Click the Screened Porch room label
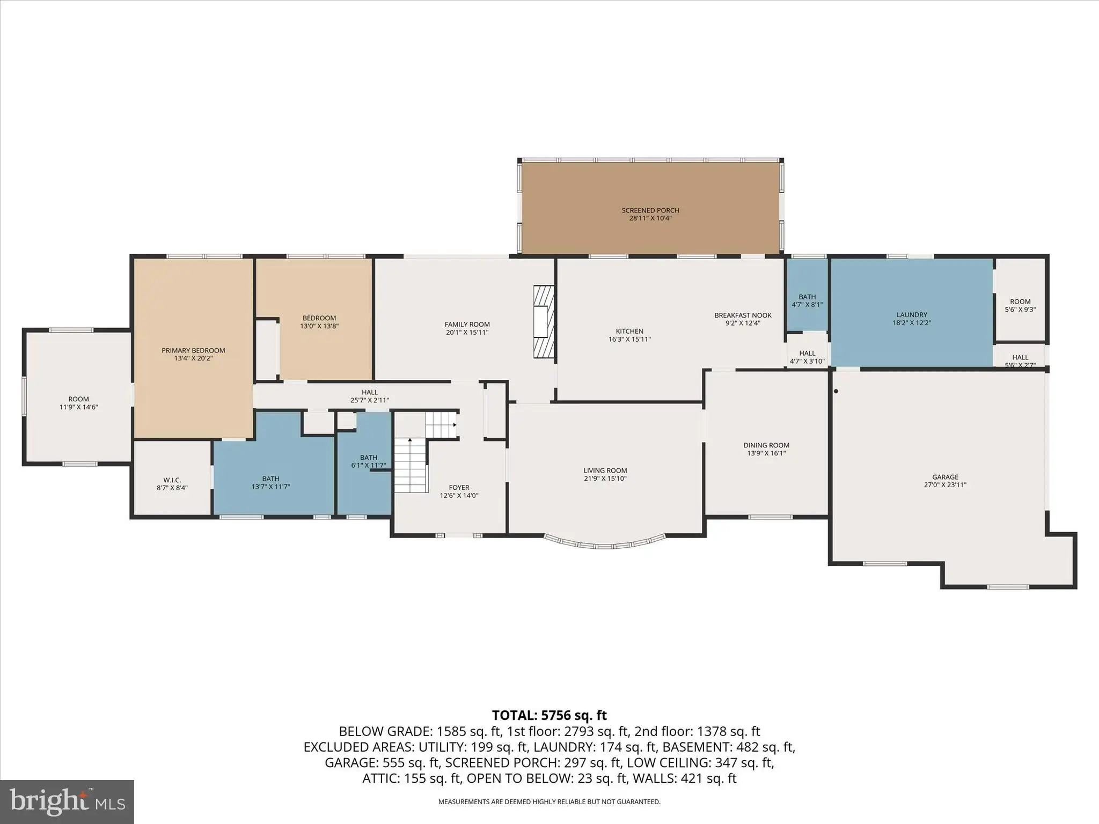point(650,210)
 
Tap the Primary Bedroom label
point(193,350)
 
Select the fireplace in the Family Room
point(543,321)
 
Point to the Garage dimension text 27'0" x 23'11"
point(945,485)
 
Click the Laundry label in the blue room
point(912,315)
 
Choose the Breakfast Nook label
point(743,315)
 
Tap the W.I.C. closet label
point(172,480)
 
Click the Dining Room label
point(766,445)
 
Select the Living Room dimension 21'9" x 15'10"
point(605,479)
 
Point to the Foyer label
point(459,488)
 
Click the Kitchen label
point(629,331)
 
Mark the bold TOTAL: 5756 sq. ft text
point(549,715)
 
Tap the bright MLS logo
point(67,801)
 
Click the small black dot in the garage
point(836,391)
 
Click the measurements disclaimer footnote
point(549,802)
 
